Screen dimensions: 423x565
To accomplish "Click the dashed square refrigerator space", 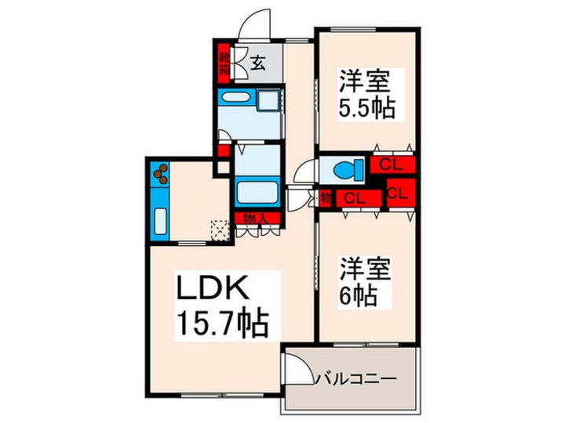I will (x=220, y=228).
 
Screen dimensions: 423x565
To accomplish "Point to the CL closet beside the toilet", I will (x=392, y=165).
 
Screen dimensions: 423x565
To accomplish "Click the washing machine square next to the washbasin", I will (x=268, y=101).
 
